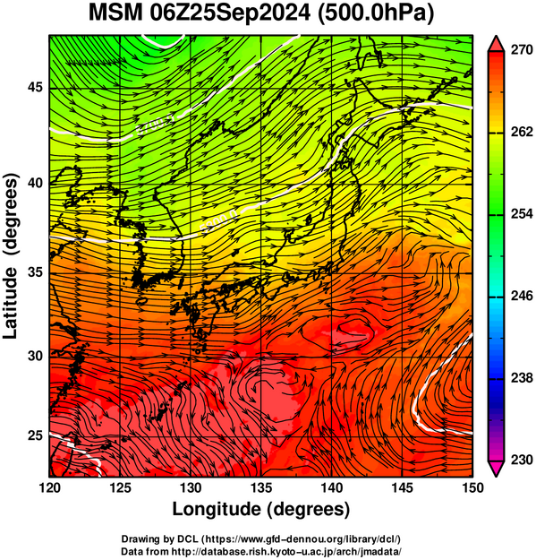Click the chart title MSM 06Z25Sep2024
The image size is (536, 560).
200,14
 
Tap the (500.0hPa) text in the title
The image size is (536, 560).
376,14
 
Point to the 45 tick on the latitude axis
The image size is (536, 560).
35,88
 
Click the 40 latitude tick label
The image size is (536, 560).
35,184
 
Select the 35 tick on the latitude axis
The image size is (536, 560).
35,273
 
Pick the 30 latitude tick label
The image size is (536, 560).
35,356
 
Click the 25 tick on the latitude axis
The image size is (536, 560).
35,436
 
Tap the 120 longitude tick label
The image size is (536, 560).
49,487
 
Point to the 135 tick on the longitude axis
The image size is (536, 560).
261,487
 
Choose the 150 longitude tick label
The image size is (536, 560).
472,487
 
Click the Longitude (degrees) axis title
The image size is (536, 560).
261,510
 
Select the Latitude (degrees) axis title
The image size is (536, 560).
11,256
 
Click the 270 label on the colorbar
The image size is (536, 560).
522,50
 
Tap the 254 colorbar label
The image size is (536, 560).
522,214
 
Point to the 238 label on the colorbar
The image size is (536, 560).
522,378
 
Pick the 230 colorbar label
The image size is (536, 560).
522,460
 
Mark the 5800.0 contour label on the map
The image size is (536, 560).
219,221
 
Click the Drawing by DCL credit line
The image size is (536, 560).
261,538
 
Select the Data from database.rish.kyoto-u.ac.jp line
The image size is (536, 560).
261,551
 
